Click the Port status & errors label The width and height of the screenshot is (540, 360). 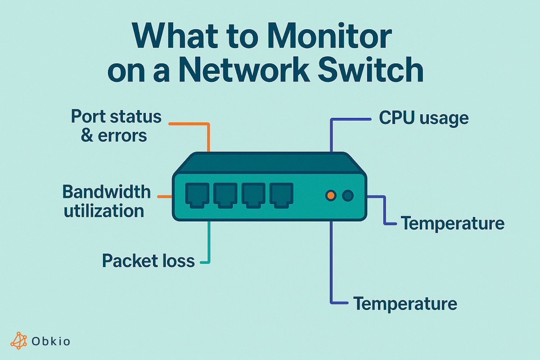(115, 126)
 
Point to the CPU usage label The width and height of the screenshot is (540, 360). (423, 118)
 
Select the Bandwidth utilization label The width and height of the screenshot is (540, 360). (106, 201)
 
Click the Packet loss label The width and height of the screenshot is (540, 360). (148, 261)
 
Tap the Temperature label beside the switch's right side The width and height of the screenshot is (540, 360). (452, 223)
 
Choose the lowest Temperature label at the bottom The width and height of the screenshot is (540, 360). (405, 304)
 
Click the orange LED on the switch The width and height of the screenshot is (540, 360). (330, 196)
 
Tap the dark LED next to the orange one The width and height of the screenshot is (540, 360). (347, 196)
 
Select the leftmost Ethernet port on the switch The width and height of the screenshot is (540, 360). (197, 195)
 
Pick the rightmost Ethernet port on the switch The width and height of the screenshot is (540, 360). (281, 195)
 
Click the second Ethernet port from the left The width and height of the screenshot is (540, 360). (225, 195)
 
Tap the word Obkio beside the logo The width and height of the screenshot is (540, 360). (51, 342)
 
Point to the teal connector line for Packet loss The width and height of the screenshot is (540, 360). (209, 243)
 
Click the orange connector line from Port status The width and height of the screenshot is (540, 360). (208, 135)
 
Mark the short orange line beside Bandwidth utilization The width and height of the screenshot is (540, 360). (164, 197)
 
